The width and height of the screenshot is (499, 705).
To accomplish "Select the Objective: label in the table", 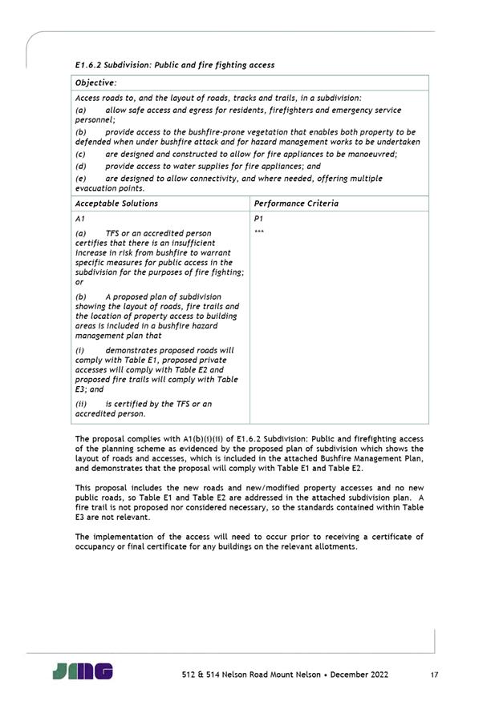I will tap(95, 83).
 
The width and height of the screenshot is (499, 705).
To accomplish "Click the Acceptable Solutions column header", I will tap(116, 203).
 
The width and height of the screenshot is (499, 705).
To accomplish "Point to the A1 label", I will tap(79, 218).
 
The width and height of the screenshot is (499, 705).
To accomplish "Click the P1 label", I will tap(258, 218).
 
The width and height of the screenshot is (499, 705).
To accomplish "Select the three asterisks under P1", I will tap(258, 232).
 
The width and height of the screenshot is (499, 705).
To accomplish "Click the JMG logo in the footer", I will tap(83, 671).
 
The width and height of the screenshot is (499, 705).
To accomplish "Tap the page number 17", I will tap(434, 675).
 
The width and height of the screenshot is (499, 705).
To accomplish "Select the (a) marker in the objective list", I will tap(80, 110).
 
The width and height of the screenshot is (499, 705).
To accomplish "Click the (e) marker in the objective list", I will tap(80, 178).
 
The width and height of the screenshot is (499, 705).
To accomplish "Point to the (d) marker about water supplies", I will tap(80, 166).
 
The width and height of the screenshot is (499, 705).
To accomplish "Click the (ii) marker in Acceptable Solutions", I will tap(80, 404).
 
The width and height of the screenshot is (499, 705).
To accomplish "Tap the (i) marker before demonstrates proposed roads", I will tap(79, 350).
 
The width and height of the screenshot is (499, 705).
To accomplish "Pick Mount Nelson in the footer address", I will tap(271, 675).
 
